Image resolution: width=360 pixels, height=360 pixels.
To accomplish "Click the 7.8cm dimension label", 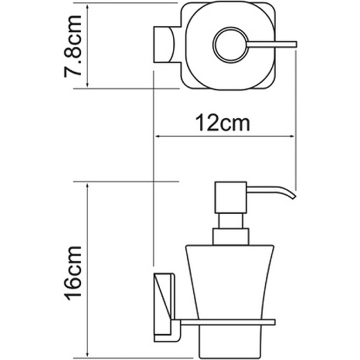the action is click(x=73, y=46).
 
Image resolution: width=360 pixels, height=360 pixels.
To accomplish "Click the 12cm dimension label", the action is click(x=222, y=123).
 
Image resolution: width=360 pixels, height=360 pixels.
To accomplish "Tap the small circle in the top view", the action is click(x=230, y=45).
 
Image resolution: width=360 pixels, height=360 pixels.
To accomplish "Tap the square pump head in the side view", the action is click(x=230, y=197).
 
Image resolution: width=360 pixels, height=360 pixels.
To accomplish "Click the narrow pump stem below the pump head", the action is click(x=230, y=221).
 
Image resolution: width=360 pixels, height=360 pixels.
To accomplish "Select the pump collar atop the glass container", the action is click(x=230, y=237).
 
